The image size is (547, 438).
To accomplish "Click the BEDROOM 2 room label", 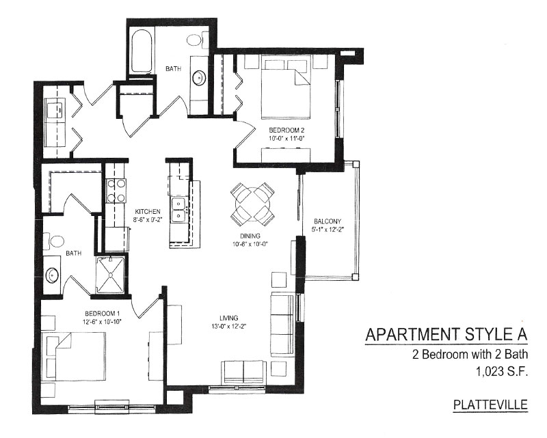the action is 286,131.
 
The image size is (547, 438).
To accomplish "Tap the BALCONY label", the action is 328,221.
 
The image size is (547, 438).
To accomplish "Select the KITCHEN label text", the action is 148,212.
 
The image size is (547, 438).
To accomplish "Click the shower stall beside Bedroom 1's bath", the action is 110,275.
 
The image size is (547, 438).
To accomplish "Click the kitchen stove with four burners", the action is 116,191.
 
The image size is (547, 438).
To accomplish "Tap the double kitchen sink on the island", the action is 179,209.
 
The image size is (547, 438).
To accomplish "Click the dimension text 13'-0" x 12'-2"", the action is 228,327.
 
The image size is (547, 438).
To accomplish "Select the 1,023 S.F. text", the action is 501,372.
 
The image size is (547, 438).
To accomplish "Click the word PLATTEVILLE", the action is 490,405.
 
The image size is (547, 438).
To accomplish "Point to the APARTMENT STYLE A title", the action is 446,334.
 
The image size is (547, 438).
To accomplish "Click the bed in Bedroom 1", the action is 73,357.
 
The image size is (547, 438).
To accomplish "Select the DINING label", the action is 250,236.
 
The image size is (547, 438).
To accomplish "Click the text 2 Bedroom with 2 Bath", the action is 470,355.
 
